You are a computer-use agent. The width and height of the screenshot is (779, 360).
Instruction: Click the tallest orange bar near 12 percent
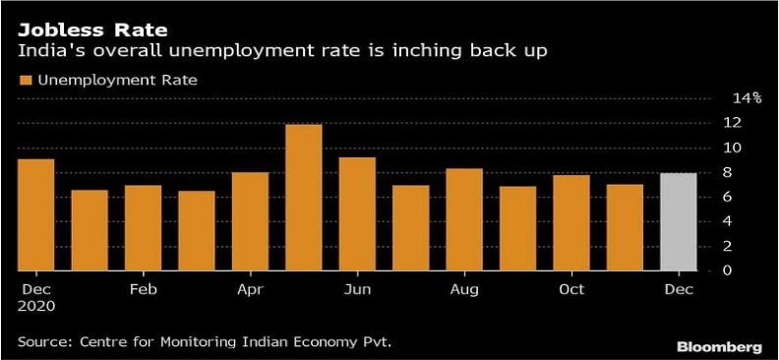[304, 197]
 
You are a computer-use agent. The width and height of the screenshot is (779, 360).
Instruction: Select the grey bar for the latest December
[678, 221]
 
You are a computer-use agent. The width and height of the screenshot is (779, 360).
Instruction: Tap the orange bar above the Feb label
[143, 227]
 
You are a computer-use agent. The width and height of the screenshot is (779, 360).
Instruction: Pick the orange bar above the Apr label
[250, 221]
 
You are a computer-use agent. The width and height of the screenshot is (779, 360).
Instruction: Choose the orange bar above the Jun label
[357, 213]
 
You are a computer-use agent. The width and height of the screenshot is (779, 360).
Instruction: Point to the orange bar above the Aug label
[464, 219]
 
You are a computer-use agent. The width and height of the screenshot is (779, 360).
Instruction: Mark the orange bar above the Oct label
[571, 222]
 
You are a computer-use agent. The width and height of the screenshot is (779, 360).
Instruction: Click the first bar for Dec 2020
[35, 214]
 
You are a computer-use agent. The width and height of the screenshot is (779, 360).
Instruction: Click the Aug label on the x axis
[464, 289]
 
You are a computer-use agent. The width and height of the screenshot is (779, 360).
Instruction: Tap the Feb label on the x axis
[143, 289]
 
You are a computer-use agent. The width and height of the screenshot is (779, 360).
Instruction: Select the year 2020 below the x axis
[35, 306]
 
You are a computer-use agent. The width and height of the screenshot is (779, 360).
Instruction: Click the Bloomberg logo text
[719, 347]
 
